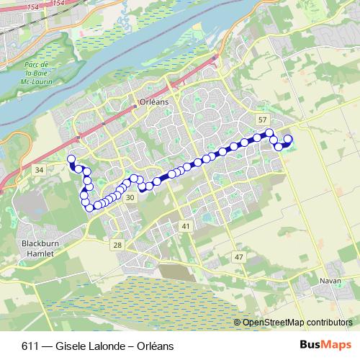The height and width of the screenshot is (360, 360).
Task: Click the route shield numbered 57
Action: [262, 120]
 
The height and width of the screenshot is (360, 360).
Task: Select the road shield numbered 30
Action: [130, 197]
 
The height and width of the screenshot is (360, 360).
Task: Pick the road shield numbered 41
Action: [186, 227]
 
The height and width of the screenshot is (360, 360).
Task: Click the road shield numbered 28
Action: [117, 246]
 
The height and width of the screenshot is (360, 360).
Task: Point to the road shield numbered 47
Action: [239, 257]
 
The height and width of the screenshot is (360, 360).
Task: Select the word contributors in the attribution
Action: [328, 323]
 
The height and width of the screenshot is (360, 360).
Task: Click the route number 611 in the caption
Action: [30, 346]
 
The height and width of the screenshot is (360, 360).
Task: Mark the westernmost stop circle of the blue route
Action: [71, 159]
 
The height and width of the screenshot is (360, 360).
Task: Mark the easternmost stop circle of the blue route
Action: [288, 139]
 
